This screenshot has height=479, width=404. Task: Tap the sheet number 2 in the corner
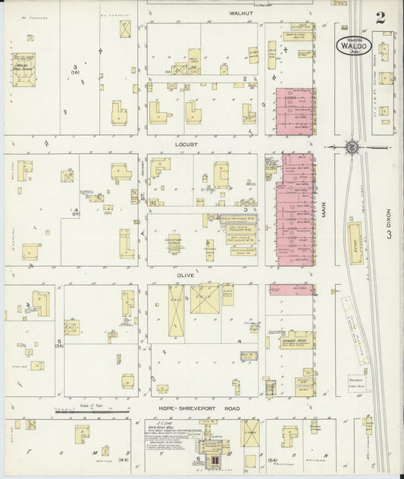pyautogui.click(x=379, y=19)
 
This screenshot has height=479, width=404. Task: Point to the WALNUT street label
pyautogui.click(x=243, y=13)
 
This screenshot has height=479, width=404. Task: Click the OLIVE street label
pyautogui.click(x=186, y=275)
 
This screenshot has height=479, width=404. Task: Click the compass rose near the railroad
pyautogui.click(x=352, y=146)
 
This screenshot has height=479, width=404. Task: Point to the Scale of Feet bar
pyautogui.click(x=91, y=411)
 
